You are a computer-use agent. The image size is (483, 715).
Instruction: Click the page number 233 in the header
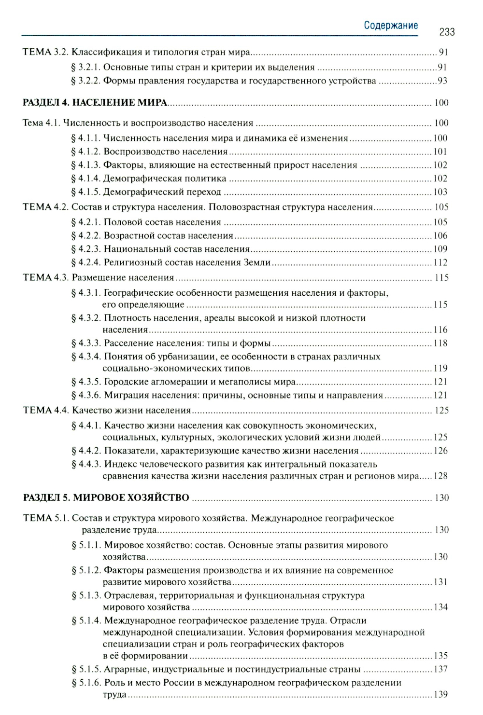tap(447, 32)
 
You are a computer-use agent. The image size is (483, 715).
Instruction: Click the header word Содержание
tap(391, 26)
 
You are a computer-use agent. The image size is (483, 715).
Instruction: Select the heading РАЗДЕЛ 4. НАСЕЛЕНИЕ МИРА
tap(95, 102)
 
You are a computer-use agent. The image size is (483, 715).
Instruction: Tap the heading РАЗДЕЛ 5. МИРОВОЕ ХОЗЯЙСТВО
tap(106, 497)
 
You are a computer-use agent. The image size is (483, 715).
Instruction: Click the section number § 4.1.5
tap(86, 192)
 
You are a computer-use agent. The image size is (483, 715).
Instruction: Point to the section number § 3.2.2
tap(85, 81)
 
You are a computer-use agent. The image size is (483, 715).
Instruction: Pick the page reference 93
tap(442, 81)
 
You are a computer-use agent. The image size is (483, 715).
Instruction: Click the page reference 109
tap(440, 249)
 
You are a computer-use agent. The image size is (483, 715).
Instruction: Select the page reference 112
tap(440, 262)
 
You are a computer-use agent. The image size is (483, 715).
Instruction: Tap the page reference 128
tap(440, 476)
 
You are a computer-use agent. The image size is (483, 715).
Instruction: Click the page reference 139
tap(440, 694)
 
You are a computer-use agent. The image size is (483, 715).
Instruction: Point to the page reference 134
tap(440, 607)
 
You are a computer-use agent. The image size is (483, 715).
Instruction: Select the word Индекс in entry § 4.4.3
tap(120, 464)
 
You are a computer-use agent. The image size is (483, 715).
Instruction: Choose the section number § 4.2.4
tap(86, 262)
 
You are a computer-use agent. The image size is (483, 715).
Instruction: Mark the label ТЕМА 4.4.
tap(46, 410)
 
